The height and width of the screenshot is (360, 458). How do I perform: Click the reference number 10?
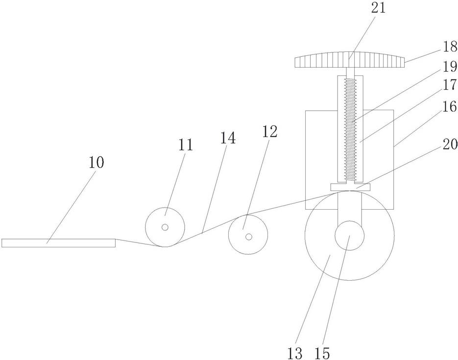pyautogui.click(x=96, y=163)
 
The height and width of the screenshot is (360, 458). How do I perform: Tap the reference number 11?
pyautogui.click(x=186, y=145)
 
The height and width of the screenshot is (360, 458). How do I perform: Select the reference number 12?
pyautogui.click(x=269, y=131)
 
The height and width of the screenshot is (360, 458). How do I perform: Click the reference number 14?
pyautogui.click(x=228, y=138)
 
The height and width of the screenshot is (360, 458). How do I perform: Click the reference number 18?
pyautogui.click(x=449, y=47)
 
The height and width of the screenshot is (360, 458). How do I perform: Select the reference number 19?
pyautogui.click(x=449, y=67)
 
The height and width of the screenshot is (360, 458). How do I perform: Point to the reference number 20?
pyautogui.click(x=449, y=145)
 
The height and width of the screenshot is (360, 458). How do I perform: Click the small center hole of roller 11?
pyautogui.click(x=165, y=227)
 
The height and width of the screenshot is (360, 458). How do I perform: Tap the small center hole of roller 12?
pyautogui.click(x=249, y=237)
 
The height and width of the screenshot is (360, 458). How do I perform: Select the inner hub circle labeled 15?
pyautogui.click(x=349, y=236)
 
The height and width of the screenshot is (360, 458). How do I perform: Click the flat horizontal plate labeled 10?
pyautogui.click(x=58, y=242)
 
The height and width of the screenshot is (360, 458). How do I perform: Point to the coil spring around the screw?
pyautogui.click(x=350, y=127)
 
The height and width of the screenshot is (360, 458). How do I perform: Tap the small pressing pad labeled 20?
pyautogui.click(x=350, y=187)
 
